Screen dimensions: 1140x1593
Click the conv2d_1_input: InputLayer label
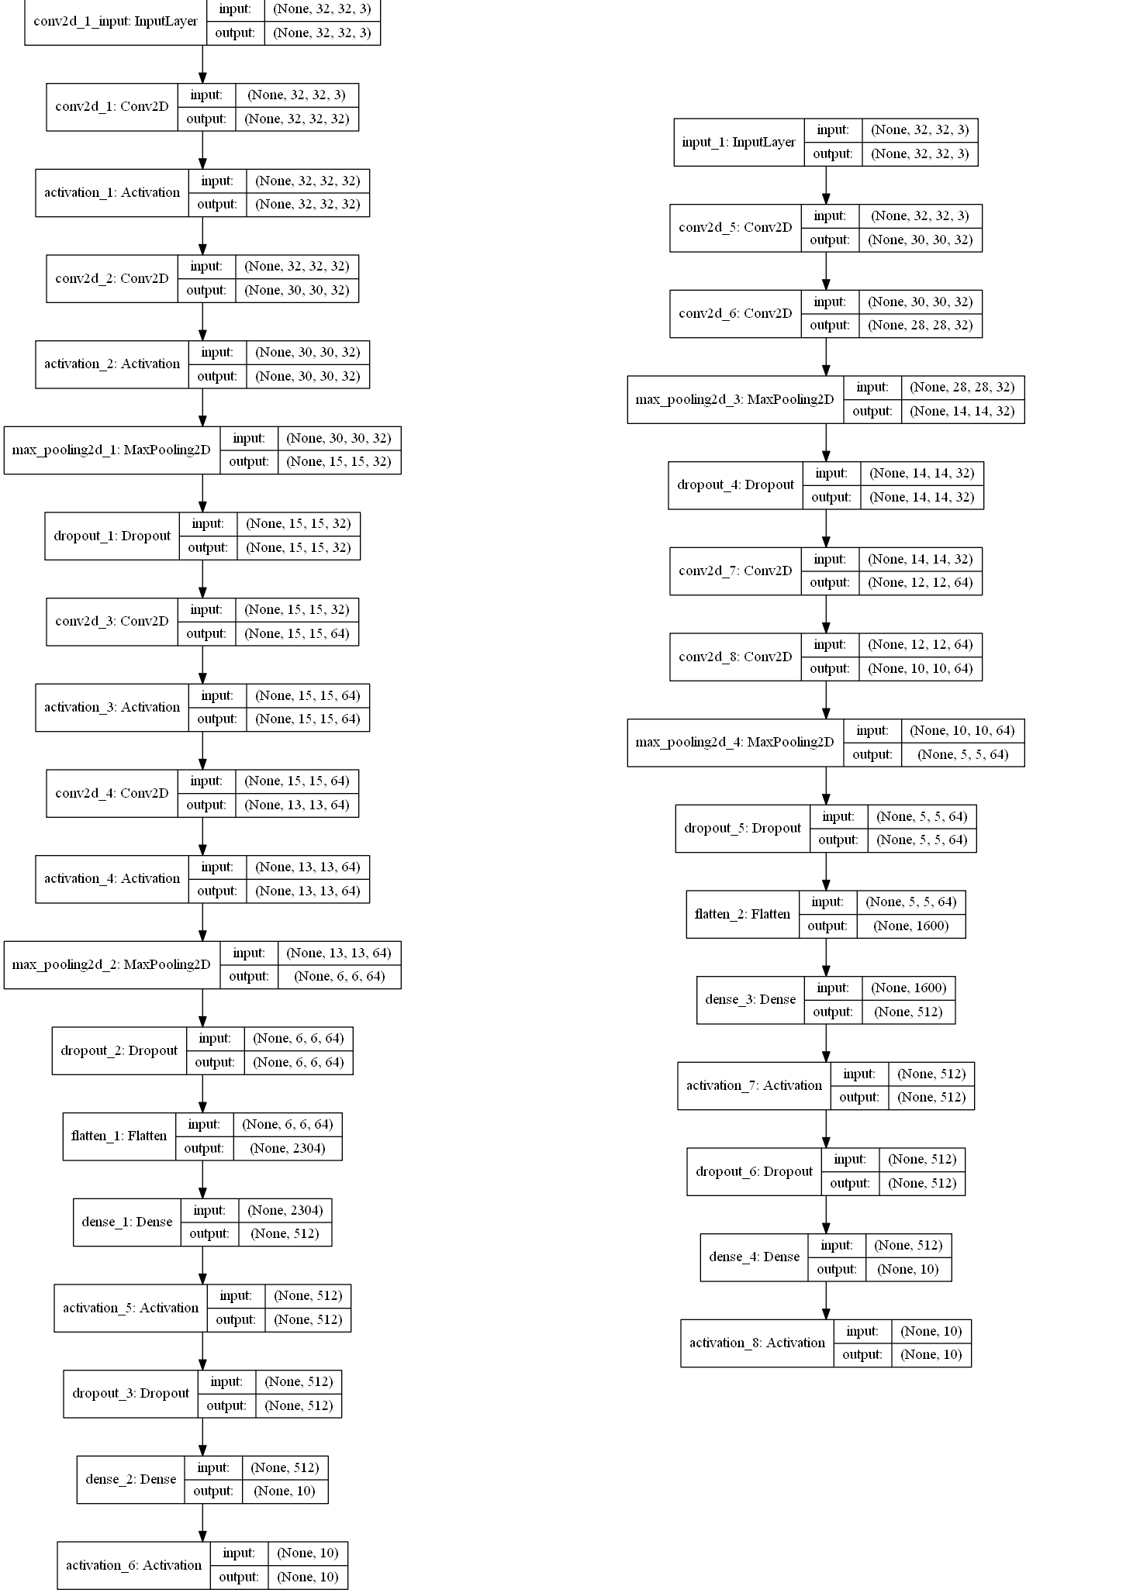click(x=116, y=21)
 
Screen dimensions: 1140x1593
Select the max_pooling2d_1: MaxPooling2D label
click(x=111, y=450)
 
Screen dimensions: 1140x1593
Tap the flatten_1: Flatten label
click(x=119, y=1136)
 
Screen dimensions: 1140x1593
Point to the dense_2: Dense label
click(x=130, y=1479)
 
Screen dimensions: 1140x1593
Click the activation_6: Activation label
click(x=133, y=1565)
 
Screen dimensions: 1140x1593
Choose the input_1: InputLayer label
click(x=738, y=142)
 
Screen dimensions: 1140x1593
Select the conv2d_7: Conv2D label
click(x=735, y=571)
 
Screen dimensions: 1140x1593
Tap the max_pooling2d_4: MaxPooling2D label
click(x=734, y=742)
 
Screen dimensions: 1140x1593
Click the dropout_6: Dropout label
click(x=754, y=1171)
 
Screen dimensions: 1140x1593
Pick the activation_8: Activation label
click(x=757, y=1343)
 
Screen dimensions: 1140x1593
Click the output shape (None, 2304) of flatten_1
click(x=287, y=1148)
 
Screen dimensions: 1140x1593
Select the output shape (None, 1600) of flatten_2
click(x=910, y=926)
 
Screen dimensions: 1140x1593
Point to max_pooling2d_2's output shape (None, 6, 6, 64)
click(x=339, y=976)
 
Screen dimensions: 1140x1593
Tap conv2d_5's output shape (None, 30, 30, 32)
click(x=920, y=240)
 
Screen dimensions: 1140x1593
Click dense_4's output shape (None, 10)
click(x=907, y=1269)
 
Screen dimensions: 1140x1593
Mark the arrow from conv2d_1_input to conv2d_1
click(x=202, y=64)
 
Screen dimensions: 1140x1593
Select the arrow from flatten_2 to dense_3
click(x=826, y=957)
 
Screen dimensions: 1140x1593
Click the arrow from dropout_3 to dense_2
click(x=202, y=1436)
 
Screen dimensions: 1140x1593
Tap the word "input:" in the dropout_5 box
click(x=838, y=816)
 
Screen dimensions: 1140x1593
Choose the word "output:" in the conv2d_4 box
click(x=206, y=805)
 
